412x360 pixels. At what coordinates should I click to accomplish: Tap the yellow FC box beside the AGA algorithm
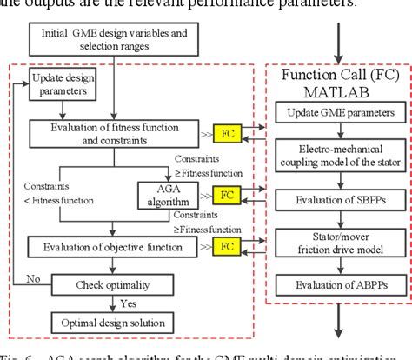click(228, 195)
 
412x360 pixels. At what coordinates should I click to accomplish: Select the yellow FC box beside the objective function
click(228, 247)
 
